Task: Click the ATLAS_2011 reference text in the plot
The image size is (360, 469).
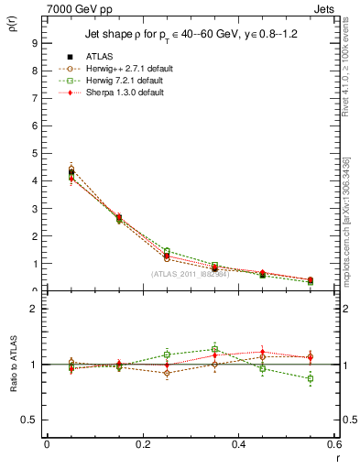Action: pyautogui.click(x=190, y=274)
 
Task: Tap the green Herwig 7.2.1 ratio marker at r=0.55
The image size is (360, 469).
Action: pyautogui.click(x=310, y=378)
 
